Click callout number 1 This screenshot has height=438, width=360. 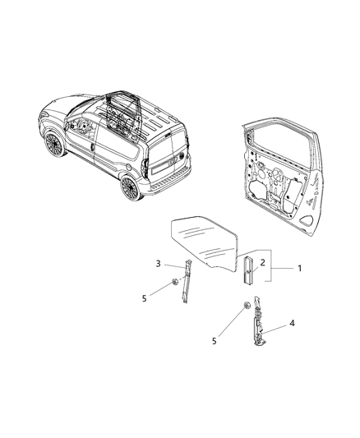pyautogui.click(x=299, y=269)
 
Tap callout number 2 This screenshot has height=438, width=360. pyautogui.click(x=262, y=263)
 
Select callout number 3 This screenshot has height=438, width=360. pyautogui.click(x=159, y=264)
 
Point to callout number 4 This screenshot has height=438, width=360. pyautogui.click(x=292, y=323)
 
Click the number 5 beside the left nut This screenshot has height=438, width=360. pyautogui.click(x=144, y=298)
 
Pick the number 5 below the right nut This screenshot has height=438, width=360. pyautogui.click(x=215, y=341)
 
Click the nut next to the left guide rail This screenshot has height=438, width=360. pyautogui.click(x=175, y=282)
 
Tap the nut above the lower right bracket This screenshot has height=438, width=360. pyautogui.click(x=247, y=306)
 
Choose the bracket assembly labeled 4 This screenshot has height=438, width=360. pyautogui.click(x=258, y=321)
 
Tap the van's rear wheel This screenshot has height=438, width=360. pyautogui.click(x=131, y=187)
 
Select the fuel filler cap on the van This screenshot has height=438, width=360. pyautogui.click(x=128, y=168)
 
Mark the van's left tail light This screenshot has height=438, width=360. pyautogui.click(x=145, y=168)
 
